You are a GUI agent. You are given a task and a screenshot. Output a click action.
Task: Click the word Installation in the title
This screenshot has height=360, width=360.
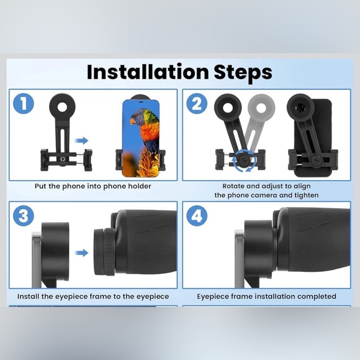pos(148,72)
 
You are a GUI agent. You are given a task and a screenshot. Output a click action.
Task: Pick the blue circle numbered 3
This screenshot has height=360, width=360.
pos(24,216)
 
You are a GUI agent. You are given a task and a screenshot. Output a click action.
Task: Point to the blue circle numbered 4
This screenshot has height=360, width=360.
pos(197,216)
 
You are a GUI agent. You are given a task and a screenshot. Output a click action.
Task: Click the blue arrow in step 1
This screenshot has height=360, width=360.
pos(81,140)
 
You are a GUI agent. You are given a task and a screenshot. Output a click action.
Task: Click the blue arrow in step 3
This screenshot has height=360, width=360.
pos(81,253)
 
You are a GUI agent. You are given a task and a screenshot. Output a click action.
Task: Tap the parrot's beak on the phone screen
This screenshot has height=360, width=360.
pos(133,121)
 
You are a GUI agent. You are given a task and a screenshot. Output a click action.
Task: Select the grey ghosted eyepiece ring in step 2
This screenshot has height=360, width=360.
pos(261,107)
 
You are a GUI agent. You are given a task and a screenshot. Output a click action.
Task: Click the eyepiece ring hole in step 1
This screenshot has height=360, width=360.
pos(63,107)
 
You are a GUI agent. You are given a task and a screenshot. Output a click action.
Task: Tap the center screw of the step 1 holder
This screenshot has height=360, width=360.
pos(62,159)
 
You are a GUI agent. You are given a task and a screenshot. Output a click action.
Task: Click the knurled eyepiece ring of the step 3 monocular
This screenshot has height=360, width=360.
pos(109,252)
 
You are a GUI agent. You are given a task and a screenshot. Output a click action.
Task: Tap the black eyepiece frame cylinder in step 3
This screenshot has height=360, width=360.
pos(55,251)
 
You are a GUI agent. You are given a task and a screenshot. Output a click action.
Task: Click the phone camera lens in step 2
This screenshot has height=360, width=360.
pos(299,107)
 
